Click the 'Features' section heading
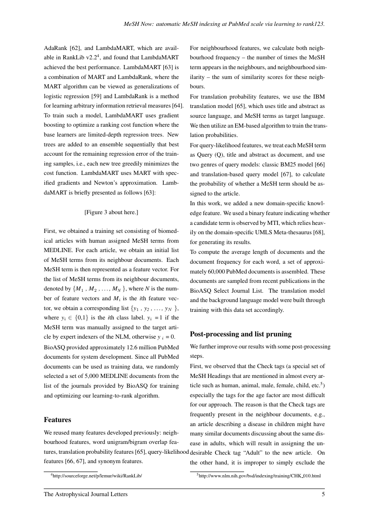pos(58,420)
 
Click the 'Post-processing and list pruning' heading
pos(240,334)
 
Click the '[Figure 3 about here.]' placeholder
pos(111,212)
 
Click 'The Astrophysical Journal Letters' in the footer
pos(85,494)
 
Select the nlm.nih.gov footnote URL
pos(259,476)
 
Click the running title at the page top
pos(224,25)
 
